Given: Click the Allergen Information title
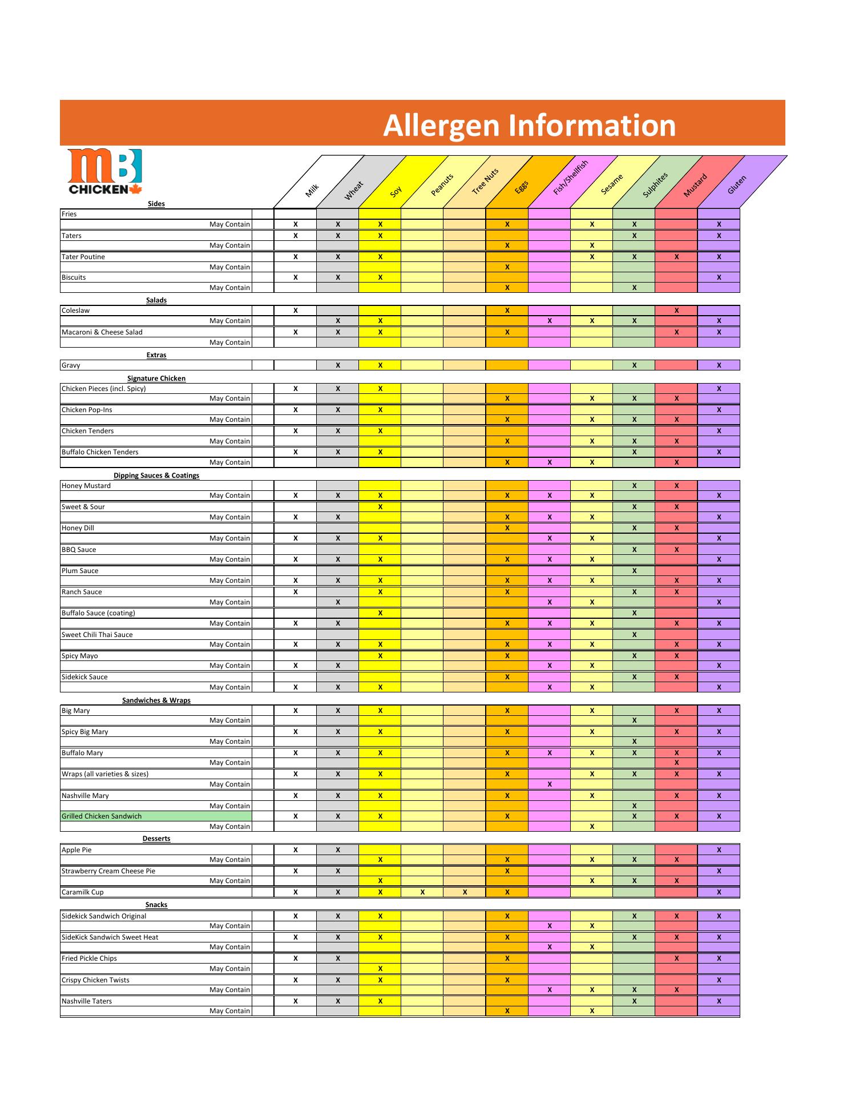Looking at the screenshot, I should click(x=529, y=126).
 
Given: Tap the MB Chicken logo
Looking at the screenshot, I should click(x=105, y=172).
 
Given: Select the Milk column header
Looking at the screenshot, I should click(x=312, y=190).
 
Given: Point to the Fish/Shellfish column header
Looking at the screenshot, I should click(x=571, y=176).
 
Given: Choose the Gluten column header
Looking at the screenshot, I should click(x=737, y=184).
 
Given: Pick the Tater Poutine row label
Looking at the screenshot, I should click(x=83, y=257).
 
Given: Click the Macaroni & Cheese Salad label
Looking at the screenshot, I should click(x=102, y=332).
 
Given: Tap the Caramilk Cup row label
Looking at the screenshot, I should click(x=83, y=892).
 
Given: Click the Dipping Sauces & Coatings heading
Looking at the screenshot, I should click(x=156, y=476).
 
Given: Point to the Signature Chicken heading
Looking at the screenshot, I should click(x=156, y=378).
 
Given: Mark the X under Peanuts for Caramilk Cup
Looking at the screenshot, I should click(x=422, y=892).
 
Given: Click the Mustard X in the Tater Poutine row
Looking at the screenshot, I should click(x=676, y=257).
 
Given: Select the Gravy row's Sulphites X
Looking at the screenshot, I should click(x=634, y=365).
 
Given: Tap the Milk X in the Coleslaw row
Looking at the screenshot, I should click(x=296, y=311).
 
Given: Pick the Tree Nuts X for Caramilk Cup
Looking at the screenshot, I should click(x=465, y=892).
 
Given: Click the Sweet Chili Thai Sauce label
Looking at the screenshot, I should click(x=97, y=635).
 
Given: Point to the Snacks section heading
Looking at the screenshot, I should click(x=156, y=905).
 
